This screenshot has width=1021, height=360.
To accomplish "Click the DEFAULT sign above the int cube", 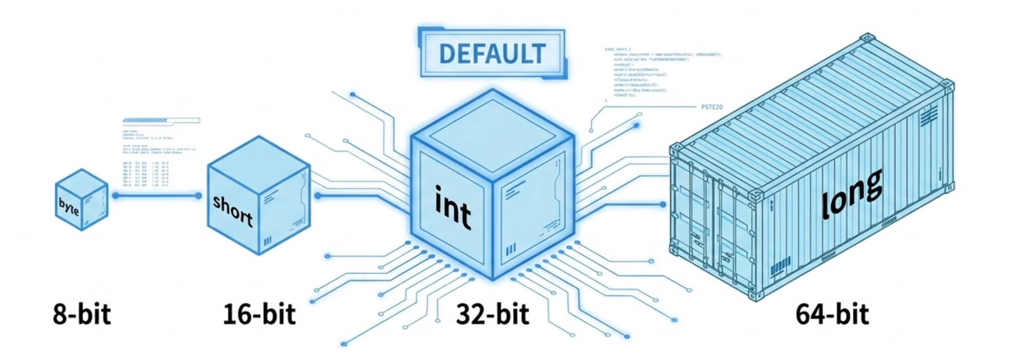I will point(492,54).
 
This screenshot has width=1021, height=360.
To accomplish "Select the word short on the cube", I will point(232,210).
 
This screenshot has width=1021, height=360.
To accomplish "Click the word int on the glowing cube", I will point(452,208).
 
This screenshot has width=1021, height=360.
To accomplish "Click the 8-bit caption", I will point(82,314).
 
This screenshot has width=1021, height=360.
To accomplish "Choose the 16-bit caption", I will point(259,314).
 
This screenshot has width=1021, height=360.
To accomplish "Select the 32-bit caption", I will point(493,314).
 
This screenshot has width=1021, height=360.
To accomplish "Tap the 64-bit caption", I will point(832,314).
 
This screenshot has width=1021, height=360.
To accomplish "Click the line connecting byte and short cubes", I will point(157,196).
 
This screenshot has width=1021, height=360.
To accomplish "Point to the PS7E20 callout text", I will point(711,107).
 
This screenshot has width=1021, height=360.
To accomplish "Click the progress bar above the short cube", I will point(161,120).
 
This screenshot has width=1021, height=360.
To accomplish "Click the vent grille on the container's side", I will point(928,118).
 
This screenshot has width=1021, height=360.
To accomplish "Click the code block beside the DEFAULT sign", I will point(661,73).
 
